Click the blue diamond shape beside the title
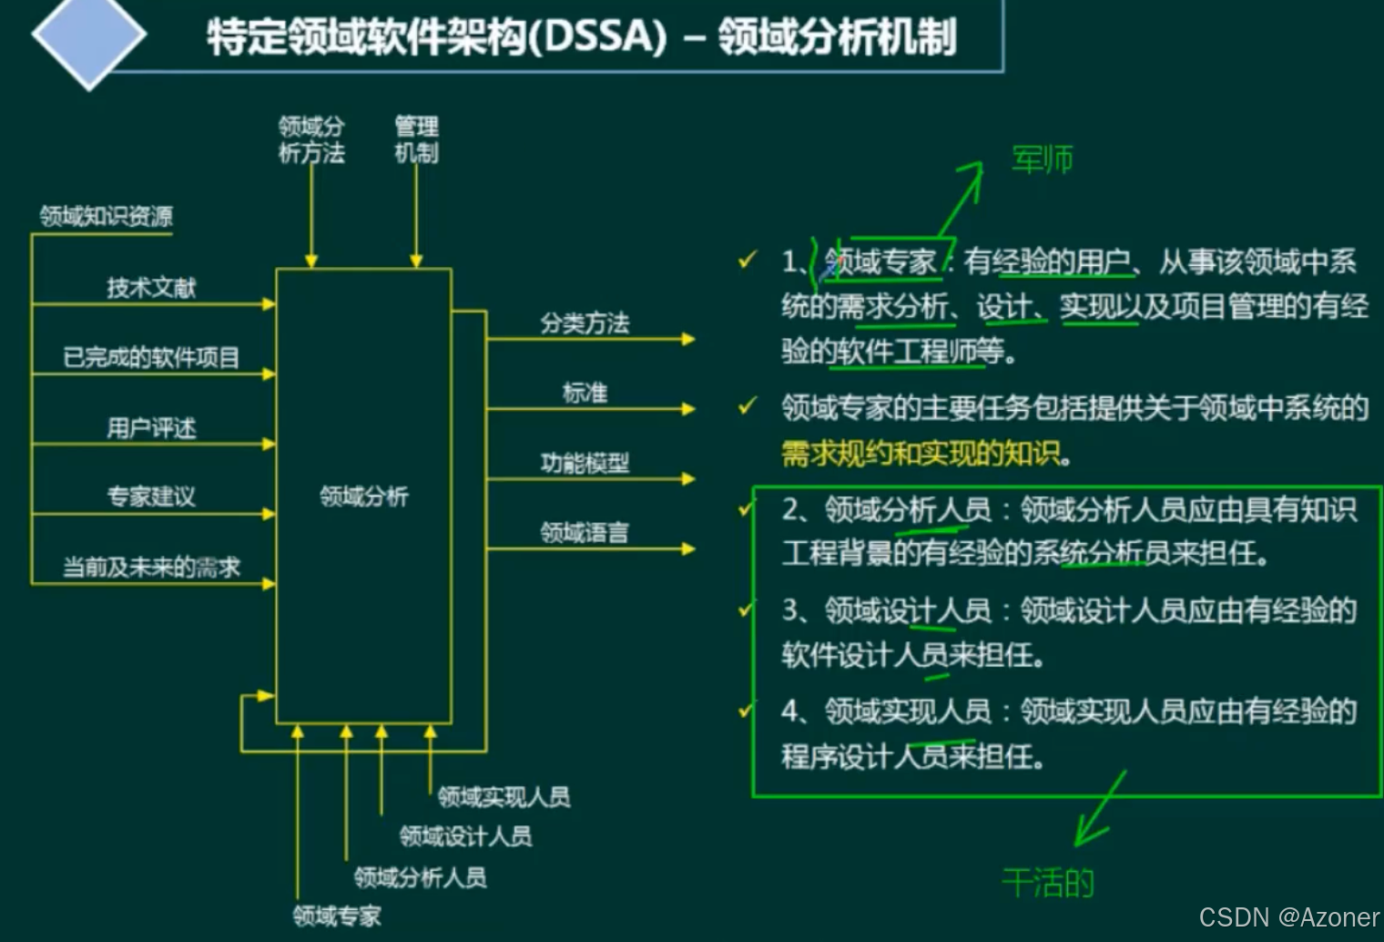[88, 36]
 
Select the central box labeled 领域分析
[363, 496]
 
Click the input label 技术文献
[151, 288]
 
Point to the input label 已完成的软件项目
[151, 357]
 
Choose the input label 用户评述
[151, 427]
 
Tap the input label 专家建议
[151, 497]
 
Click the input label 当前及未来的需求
[151, 567]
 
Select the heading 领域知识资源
[106, 216]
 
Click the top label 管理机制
[416, 139]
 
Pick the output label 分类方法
[585, 323]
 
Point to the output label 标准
[585, 393]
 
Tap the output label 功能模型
[585, 463]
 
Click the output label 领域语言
[585, 532]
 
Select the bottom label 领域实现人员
[504, 797]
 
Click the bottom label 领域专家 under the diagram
[337, 916]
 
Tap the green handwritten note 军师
[1042, 159]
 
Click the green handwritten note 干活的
[1047, 882]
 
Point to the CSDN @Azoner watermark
[1288, 916]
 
